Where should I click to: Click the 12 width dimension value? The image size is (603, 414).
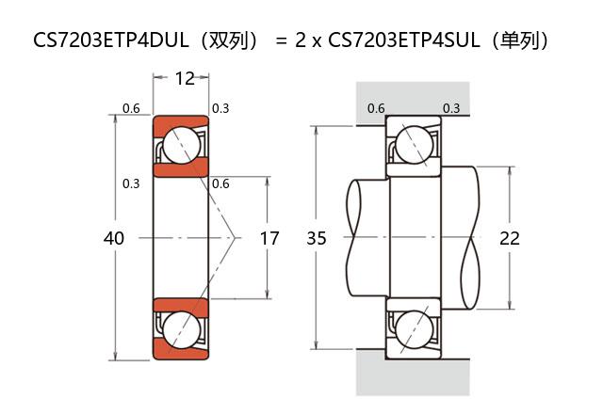click(185, 78)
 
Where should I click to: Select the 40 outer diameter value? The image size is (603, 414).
click(113, 239)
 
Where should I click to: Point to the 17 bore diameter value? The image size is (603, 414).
click(269, 239)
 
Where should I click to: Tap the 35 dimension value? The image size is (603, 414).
click(317, 239)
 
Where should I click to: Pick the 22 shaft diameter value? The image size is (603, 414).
click(510, 239)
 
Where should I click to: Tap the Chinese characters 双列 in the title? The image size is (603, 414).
click(232, 40)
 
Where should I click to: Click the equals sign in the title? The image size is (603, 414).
click(281, 40)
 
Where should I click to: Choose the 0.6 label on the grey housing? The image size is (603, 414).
click(375, 108)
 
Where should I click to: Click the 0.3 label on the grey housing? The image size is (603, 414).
click(451, 108)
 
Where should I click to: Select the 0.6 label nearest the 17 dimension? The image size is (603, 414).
click(220, 183)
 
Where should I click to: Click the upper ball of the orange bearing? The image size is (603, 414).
click(180, 145)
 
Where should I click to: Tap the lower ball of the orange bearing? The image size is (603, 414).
click(180, 330)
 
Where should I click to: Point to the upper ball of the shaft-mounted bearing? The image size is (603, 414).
click(414, 145)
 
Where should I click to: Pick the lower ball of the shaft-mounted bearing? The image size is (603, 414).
click(414, 331)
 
